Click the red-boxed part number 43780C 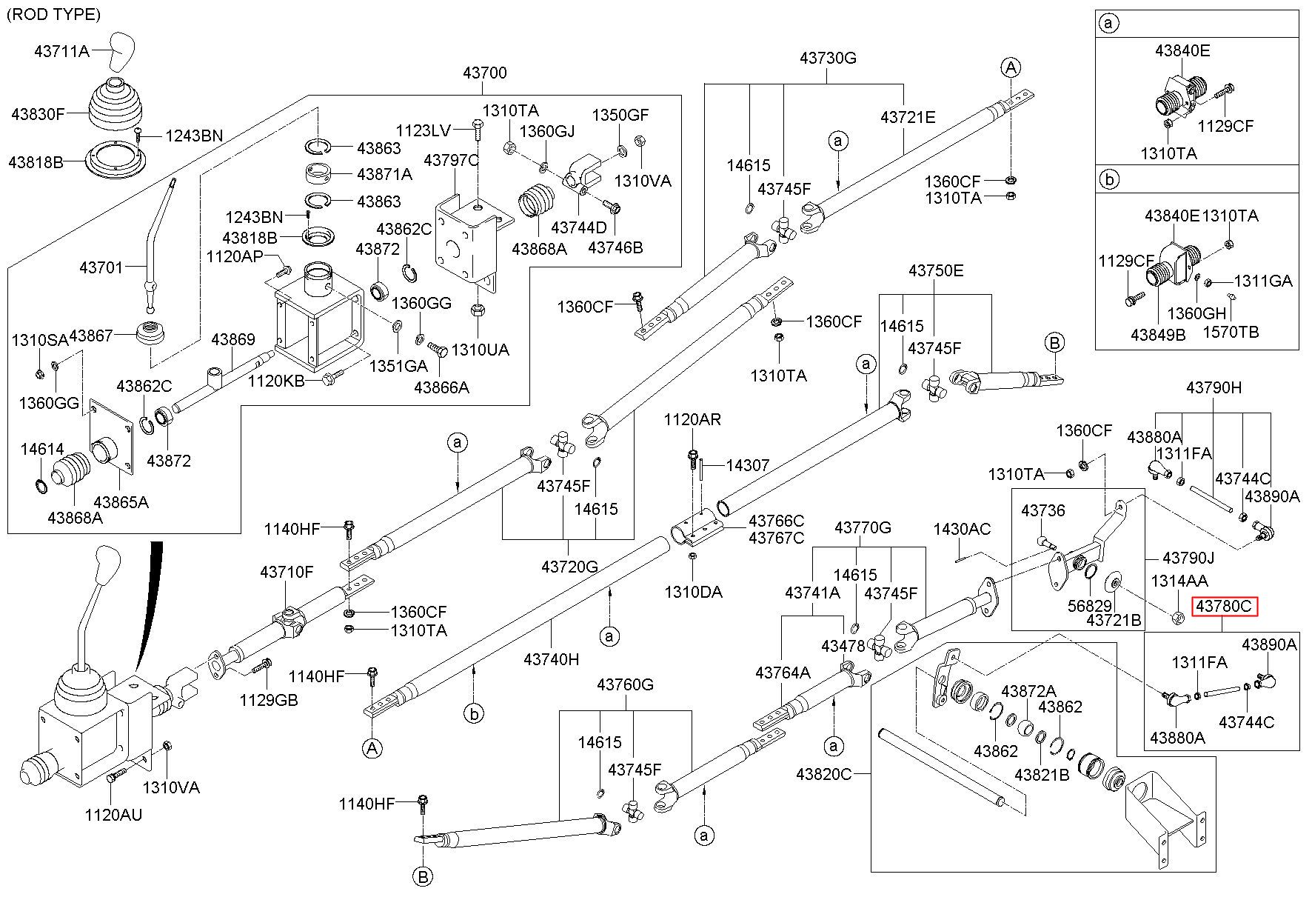(1224, 607)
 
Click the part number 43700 (485, 73)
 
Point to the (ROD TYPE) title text (53, 14)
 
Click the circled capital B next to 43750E (1054, 343)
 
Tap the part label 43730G (828, 58)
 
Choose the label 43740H (551, 658)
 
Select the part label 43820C (824, 774)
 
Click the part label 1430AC (962, 529)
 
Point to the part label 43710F (287, 572)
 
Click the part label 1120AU (113, 815)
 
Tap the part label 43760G (626, 684)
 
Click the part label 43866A (441, 387)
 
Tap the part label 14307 (748, 465)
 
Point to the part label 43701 (101, 267)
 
